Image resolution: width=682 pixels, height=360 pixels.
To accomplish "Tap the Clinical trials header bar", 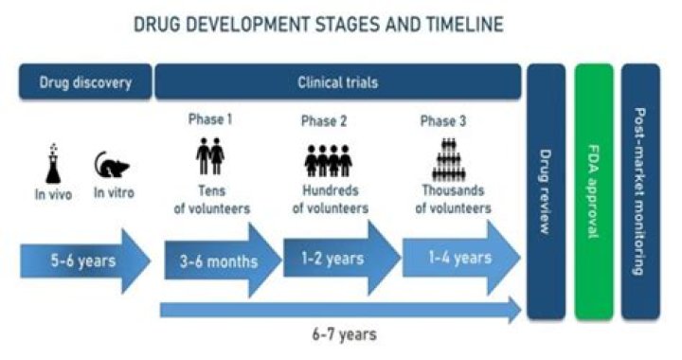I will (x=338, y=81).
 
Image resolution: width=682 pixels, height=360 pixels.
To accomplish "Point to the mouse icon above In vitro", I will (x=113, y=167).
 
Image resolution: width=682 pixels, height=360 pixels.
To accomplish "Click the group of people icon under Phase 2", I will (x=324, y=159).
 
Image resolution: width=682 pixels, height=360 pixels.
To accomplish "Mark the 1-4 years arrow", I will (x=458, y=257).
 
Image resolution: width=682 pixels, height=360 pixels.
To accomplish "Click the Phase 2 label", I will (x=324, y=120).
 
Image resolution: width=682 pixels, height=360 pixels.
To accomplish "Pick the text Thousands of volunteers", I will (x=456, y=201).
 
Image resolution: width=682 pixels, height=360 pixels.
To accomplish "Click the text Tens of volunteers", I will (x=209, y=201).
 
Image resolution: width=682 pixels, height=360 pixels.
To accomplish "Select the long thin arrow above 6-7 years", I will (x=341, y=308).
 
